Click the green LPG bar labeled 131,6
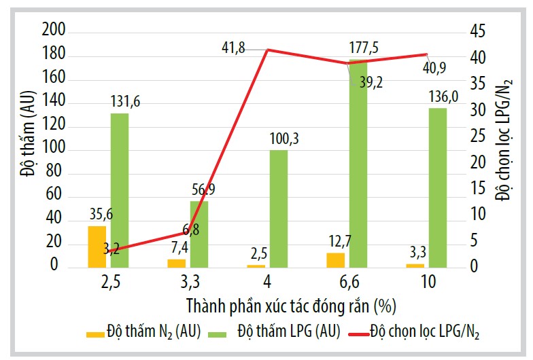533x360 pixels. (120, 190)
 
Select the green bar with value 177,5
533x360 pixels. (358, 163)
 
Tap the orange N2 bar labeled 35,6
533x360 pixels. (97, 246)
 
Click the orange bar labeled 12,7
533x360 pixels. (335, 259)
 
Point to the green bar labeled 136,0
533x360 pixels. (438, 187)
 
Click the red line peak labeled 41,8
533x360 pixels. (267, 50)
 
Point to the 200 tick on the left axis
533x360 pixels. (53, 31)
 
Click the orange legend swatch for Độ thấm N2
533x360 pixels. (94, 334)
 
